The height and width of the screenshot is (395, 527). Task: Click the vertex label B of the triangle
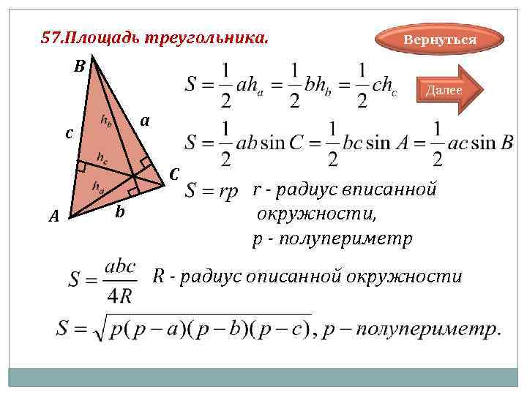pos(79,67)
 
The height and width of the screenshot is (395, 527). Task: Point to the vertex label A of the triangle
pos(53,216)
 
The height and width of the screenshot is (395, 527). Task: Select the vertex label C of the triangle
pos(173,176)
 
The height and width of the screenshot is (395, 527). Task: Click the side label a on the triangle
pos(145,121)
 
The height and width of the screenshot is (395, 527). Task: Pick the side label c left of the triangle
pos(69,134)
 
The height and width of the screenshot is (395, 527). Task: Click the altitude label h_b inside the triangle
pos(106,121)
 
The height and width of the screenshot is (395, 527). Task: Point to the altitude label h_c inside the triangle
pos(103,157)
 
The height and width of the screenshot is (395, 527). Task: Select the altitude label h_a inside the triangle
pos(97,187)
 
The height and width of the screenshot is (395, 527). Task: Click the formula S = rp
pos(212,192)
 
